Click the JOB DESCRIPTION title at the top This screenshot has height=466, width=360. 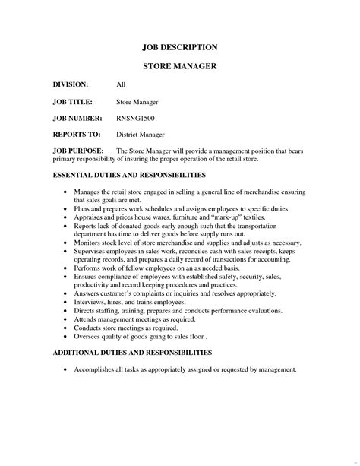click(180, 46)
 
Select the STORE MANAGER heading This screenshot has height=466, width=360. click(180, 66)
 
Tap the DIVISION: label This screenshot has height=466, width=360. click(71, 84)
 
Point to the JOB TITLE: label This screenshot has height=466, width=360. click(73, 101)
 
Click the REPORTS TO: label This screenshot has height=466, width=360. click(77, 135)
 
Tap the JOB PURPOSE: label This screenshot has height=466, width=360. click(78, 151)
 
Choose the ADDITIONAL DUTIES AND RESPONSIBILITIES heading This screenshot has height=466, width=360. click(132, 353)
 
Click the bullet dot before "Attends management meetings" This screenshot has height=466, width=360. click(66, 320)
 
